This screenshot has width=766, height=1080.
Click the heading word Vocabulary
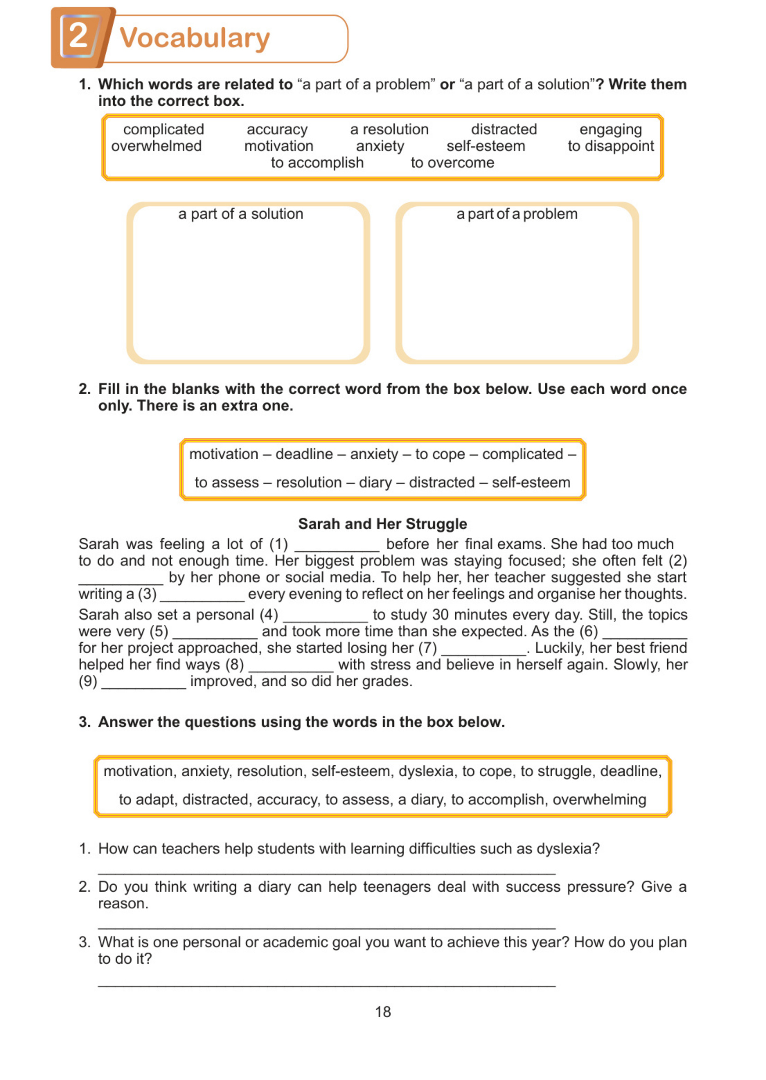point(194,38)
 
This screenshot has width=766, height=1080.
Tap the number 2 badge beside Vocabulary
point(79,36)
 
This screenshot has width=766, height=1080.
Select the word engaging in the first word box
point(610,130)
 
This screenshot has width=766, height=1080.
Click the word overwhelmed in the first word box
point(156,146)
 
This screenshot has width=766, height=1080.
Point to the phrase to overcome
point(452,162)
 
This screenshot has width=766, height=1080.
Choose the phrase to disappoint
point(610,146)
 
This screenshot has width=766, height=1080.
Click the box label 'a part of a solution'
point(241,214)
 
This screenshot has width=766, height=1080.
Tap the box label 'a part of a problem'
point(517,214)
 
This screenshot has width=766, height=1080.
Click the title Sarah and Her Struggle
point(382,524)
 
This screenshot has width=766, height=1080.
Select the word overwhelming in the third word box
point(599,799)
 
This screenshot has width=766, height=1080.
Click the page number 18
point(382,1012)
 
